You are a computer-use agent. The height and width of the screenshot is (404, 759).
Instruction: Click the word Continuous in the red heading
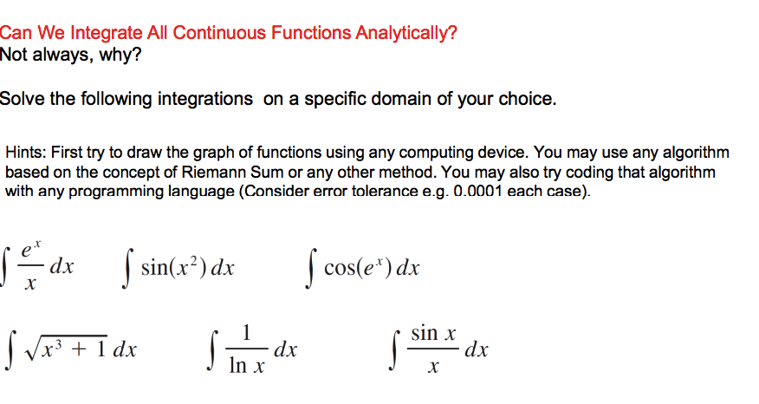[x=218, y=34]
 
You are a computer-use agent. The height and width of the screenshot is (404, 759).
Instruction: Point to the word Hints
[x=25, y=153]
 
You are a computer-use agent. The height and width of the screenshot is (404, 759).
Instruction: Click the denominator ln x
[x=247, y=367]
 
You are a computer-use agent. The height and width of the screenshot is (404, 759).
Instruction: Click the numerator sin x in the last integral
[x=433, y=333]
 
